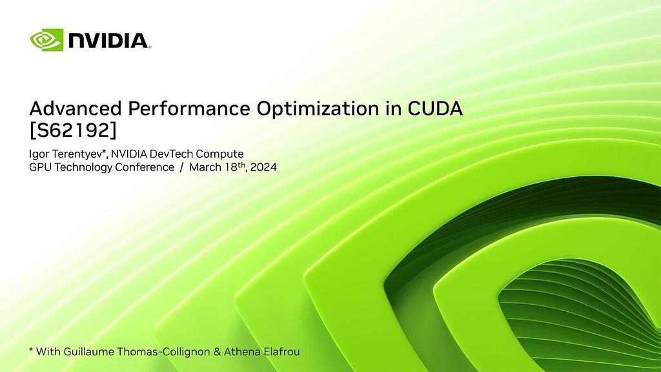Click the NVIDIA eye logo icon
(x=46, y=39)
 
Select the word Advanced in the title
(x=68, y=108)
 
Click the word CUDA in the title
(x=435, y=108)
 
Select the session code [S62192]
(x=73, y=130)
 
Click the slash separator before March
(x=182, y=167)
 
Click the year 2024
(x=263, y=167)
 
